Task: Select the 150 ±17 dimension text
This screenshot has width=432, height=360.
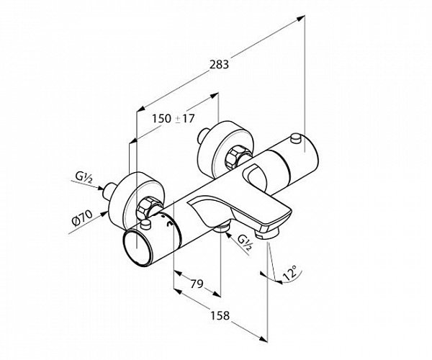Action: pos(175,119)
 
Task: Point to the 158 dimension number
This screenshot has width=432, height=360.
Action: pos(219,314)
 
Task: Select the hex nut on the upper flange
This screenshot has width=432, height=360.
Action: pos(236,156)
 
